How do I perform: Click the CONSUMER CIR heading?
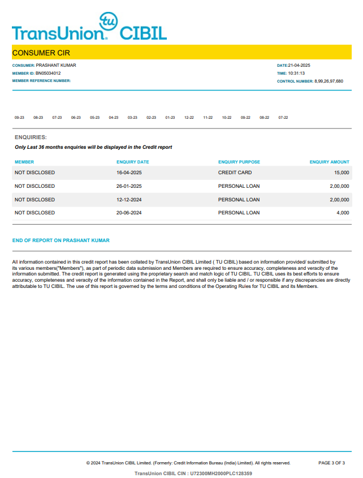point(41,53)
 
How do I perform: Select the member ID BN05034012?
point(48,73)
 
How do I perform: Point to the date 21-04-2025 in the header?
point(299,66)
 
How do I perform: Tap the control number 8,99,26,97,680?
point(329,81)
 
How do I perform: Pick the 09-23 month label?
point(19,118)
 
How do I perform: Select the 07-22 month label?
point(283,118)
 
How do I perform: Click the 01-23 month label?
point(170,118)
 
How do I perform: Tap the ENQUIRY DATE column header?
point(133,162)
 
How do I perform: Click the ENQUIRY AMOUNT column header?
point(330,162)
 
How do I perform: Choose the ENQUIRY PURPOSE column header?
point(239,162)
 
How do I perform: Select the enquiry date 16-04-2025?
point(129,173)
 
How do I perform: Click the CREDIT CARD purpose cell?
point(235,173)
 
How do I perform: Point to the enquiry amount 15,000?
point(342,173)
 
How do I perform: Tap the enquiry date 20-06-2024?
point(129,213)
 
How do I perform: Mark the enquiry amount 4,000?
point(343,213)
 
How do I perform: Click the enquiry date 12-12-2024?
point(129,200)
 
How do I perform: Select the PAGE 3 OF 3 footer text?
point(331,463)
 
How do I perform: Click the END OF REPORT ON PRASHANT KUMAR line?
point(61,240)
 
